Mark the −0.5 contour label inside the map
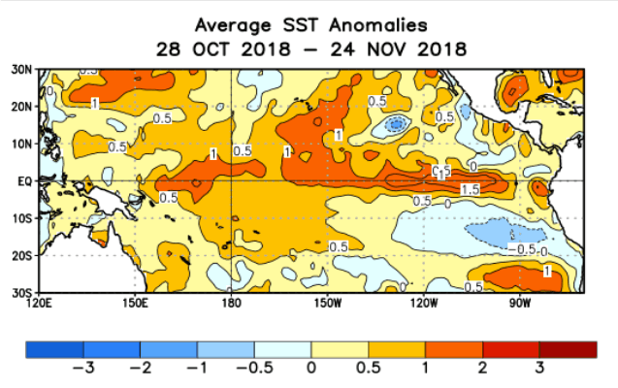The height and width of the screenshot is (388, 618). (x=525, y=249)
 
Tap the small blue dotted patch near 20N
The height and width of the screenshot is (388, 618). (x=395, y=123)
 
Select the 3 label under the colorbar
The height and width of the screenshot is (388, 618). (x=538, y=368)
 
